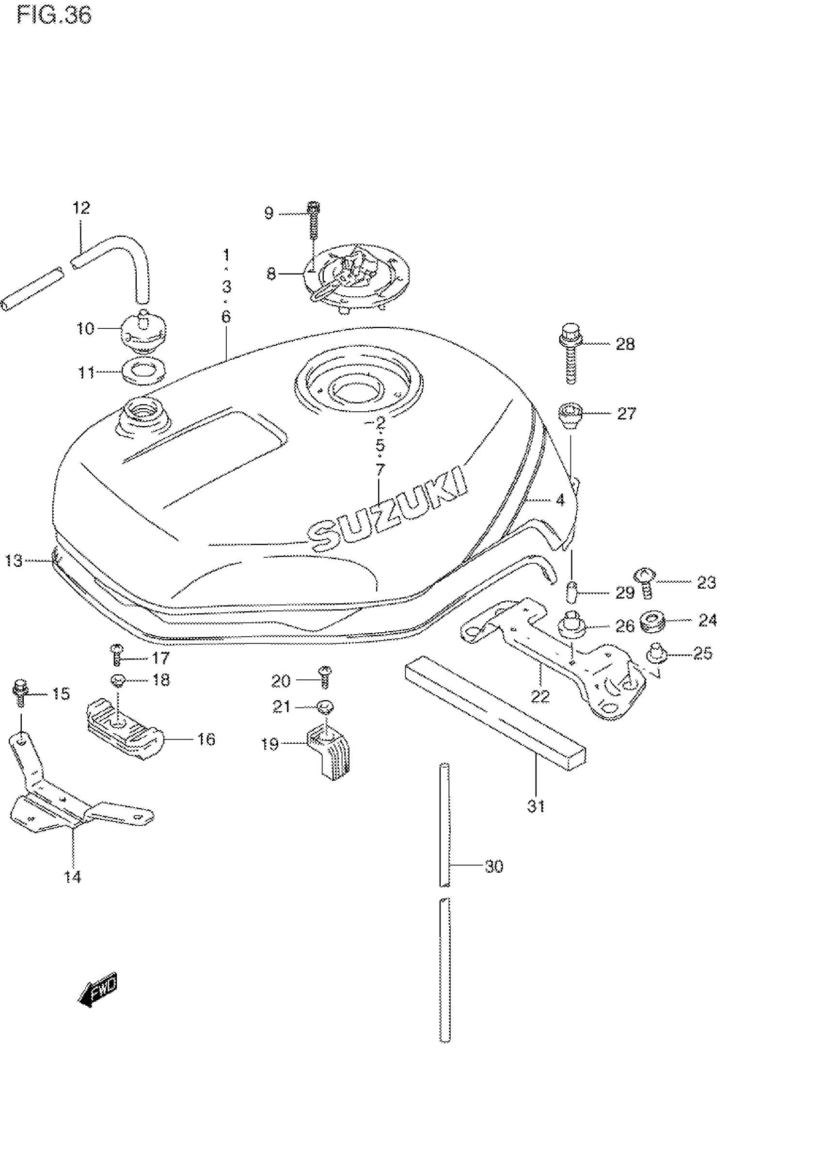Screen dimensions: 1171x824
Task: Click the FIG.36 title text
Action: (x=54, y=16)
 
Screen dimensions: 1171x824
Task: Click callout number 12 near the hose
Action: (x=81, y=208)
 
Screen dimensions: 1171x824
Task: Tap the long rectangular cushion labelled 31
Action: (x=494, y=711)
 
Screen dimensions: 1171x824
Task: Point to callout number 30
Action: (x=493, y=866)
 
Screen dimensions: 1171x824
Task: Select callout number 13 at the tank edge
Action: (x=14, y=561)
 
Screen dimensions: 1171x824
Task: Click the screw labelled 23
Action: (x=645, y=582)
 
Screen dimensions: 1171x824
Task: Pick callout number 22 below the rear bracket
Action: (x=540, y=696)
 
